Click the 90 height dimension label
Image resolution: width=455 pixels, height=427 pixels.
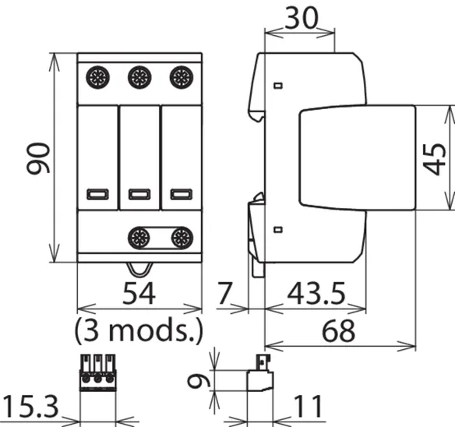click(38, 158)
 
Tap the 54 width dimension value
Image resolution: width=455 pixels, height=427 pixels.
click(139, 294)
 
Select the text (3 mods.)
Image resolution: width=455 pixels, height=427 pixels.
click(139, 330)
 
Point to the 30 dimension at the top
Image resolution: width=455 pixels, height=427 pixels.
click(302, 18)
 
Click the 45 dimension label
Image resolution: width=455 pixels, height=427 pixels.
click(434, 159)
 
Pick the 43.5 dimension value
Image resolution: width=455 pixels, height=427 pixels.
click(316, 294)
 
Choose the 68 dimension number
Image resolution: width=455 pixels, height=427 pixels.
click(338, 331)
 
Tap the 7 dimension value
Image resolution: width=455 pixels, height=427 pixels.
click(224, 294)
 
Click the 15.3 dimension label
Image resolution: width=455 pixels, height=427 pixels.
click(30, 407)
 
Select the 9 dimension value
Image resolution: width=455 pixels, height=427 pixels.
click(199, 381)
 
